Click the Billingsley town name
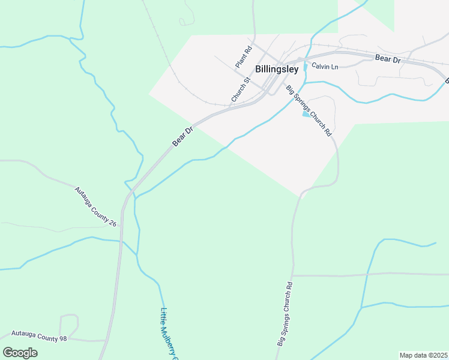[x=277, y=69]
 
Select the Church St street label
[x=240, y=89]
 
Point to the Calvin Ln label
[x=325, y=66]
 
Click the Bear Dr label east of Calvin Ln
[x=387, y=59]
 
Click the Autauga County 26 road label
[x=95, y=207]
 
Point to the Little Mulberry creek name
[x=169, y=333]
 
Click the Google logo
[x=20, y=353]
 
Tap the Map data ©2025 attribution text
[x=424, y=355]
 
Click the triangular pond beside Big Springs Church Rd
[x=306, y=115]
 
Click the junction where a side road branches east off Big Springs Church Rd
[x=294, y=275]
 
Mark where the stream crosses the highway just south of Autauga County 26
[x=121, y=241]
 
